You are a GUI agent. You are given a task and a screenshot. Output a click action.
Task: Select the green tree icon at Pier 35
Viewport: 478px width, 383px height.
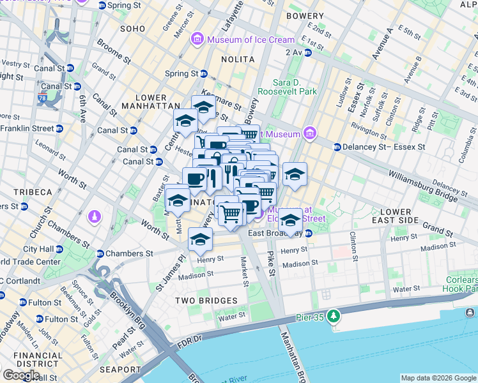332,316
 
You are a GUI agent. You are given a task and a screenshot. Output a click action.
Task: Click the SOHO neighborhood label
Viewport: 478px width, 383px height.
132,29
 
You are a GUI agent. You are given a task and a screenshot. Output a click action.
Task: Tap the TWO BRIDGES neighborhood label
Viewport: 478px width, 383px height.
206,300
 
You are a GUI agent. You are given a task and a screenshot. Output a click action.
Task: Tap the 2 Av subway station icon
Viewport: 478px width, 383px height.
307,52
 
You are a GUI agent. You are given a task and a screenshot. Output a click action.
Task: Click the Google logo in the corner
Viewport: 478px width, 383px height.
21,375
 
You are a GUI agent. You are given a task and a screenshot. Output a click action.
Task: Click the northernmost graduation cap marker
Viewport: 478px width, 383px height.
203,107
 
